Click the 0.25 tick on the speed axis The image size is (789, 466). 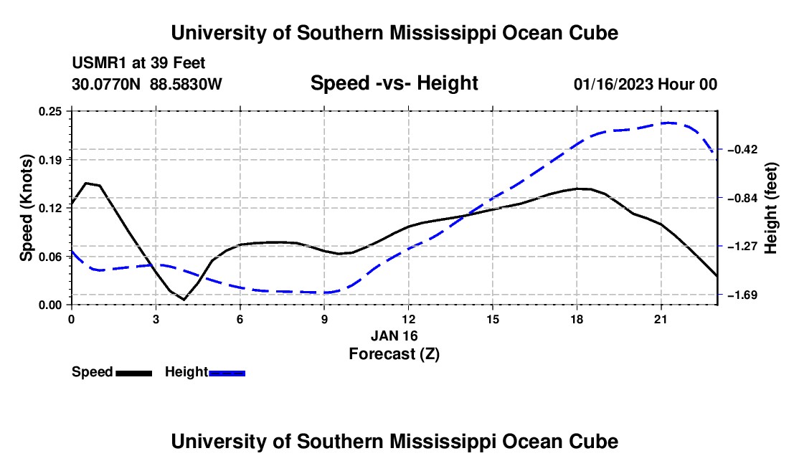click(49, 111)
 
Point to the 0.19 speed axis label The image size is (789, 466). click(49, 160)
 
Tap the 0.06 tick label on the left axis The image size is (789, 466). click(49, 257)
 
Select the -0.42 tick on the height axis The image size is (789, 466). click(742, 149)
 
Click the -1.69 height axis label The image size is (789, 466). click(742, 295)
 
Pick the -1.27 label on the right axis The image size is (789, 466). click(742, 247)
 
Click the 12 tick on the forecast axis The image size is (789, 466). click(409, 319)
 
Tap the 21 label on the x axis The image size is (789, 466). click(661, 319)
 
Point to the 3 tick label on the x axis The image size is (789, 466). click(156, 319)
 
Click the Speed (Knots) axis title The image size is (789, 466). click(26, 208)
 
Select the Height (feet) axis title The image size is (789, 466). click(771, 208)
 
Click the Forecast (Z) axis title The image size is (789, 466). click(394, 354)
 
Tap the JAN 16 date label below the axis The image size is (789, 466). click(394, 336)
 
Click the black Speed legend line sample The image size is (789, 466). click(134, 374)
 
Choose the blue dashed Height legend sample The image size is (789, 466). click(227, 374)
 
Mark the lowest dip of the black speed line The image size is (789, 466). click(184, 300)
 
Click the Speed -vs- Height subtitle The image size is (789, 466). click(394, 83)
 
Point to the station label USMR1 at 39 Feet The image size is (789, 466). click(139, 63)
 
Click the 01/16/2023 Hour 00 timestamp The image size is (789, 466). click(646, 85)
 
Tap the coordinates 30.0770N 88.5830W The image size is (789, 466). click(147, 85)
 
